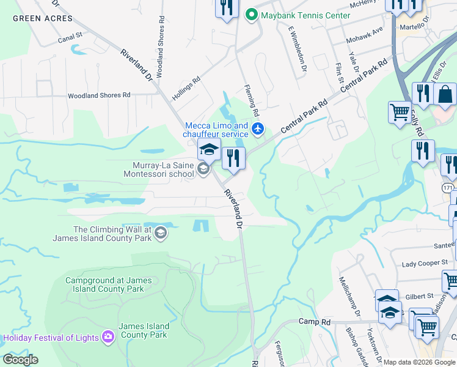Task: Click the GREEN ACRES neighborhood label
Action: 43,18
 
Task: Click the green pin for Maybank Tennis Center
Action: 250,15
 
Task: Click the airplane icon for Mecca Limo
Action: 258,129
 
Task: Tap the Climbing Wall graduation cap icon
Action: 160,232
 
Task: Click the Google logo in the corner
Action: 20,360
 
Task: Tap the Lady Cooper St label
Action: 425,264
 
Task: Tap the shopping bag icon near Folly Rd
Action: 445,95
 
